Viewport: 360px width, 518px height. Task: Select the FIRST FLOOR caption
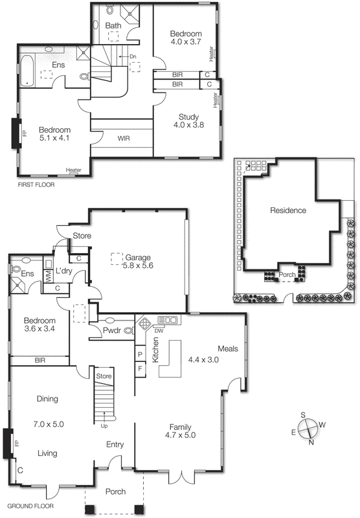(36, 185)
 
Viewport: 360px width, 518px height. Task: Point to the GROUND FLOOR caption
(30, 506)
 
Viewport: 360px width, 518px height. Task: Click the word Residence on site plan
(288, 210)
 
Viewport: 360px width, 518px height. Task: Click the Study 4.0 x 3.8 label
(186, 121)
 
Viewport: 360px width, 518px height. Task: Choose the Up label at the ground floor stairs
(104, 426)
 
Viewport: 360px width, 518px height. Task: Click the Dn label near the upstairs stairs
(132, 57)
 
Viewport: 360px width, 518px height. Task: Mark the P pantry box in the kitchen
(140, 354)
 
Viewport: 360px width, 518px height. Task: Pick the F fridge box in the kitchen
(140, 369)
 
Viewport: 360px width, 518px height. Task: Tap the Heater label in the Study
(215, 100)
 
